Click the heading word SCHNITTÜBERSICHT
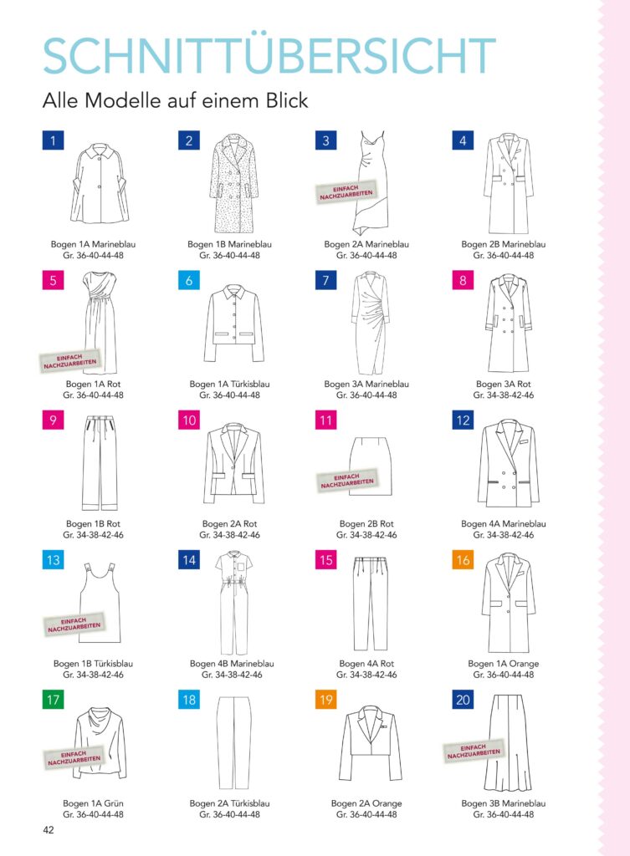pos(269,55)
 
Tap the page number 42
pos(48,830)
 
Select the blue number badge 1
pos(53,140)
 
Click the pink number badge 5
pos(53,281)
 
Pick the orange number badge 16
pos(463,560)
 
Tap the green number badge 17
pos(53,700)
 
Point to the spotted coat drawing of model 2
pos(233,183)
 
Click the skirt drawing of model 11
pos(371,466)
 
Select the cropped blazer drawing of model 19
pos(370,743)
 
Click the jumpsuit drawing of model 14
pos(233,602)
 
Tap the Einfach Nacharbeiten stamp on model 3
pos(346,191)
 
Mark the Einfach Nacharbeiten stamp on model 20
pos(474,751)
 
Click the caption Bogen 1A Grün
pos(94,803)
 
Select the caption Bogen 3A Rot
pos(503,384)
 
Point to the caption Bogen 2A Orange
pos(366,803)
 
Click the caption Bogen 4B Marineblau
pos(232,663)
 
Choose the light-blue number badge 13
pos(53,560)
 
